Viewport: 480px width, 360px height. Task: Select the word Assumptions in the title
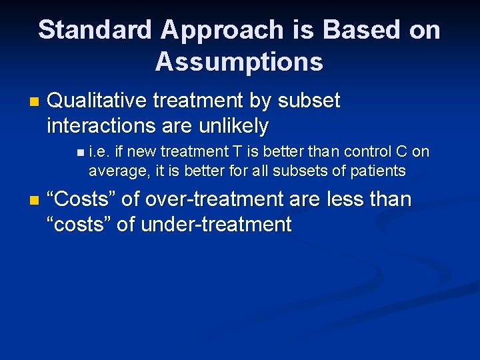(239, 62)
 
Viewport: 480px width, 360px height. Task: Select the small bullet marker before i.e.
(80, 153)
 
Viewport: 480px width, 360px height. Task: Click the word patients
(378, 171)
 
